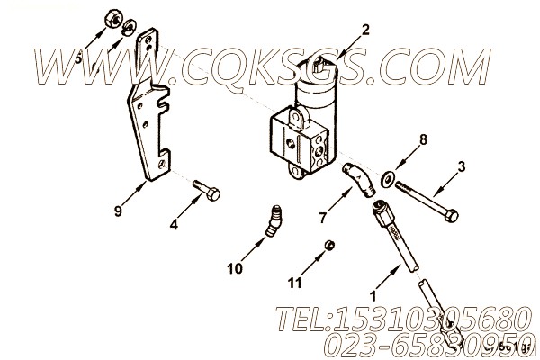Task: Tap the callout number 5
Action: (x=79, y=57)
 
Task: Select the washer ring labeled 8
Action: (x=385, y=175)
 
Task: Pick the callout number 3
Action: (x=461, y=166)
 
